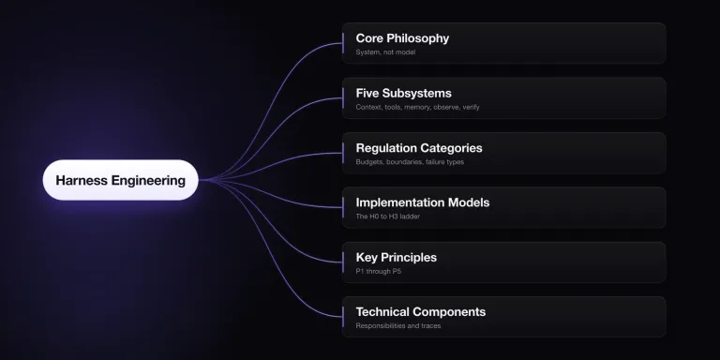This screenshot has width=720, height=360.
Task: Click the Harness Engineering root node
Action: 120,180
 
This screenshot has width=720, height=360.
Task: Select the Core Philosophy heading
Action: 402,38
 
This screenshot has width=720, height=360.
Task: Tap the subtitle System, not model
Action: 385,52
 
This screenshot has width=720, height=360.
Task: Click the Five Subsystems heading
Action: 404,93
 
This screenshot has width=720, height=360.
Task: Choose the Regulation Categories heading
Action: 419,148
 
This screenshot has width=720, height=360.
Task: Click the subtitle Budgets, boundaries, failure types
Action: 410,161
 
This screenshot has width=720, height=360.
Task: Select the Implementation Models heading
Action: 423,202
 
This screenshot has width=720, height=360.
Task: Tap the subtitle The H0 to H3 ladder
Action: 387,217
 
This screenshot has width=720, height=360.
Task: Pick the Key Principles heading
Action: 397,257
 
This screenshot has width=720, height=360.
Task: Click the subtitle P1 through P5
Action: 379,271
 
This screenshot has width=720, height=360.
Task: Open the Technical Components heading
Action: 421,312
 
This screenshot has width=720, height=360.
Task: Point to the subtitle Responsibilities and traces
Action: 398,326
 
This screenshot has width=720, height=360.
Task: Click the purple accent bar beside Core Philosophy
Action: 343,43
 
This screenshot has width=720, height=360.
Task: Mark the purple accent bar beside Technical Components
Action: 343,317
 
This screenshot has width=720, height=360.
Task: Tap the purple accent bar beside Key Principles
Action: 343,262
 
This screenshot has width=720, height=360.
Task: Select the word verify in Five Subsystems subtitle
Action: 471,107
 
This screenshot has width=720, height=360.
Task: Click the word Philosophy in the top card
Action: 419,38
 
